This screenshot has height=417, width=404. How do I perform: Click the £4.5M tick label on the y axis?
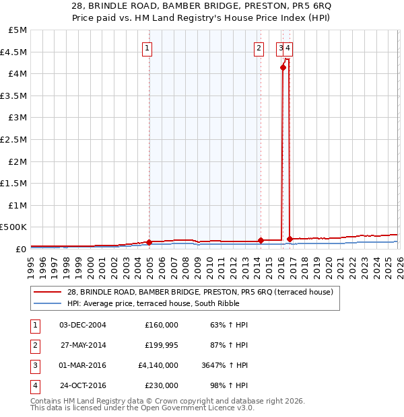[13, 52]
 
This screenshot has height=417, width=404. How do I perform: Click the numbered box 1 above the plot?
[146, 48]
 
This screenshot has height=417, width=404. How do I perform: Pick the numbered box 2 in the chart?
[259, 48]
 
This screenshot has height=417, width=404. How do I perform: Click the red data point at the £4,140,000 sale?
[283, 67]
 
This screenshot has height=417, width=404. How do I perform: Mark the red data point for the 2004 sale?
[149, 241]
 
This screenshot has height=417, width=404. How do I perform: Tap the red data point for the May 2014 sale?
[261, 240]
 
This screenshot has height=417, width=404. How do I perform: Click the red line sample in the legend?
[47, 293]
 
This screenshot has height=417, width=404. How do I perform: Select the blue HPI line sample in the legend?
[47, 303]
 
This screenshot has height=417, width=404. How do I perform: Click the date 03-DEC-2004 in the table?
[83, 325]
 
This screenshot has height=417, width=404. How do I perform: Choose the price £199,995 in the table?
[162, 345]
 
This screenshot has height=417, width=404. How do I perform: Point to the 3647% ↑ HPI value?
[228, 366]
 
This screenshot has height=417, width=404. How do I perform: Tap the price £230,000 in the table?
[162, 386]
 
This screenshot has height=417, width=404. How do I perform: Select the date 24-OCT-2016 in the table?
[83, 386]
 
